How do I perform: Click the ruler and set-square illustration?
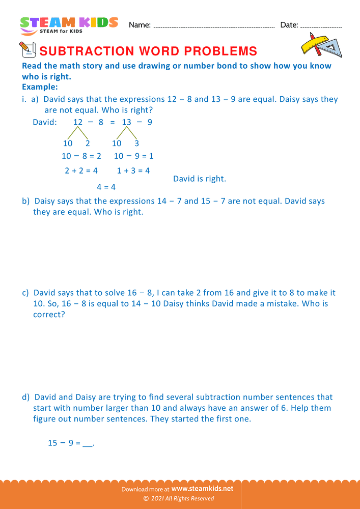[x=321, y=45]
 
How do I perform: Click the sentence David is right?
[x=200, y=179]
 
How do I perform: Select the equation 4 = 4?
[x=106, y=187]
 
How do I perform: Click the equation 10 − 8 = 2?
[x=81, y=156]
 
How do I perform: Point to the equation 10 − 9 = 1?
[x=133, y=156]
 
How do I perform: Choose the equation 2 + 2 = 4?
[x=81, y=171]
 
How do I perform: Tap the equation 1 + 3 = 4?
[x=133, y=171]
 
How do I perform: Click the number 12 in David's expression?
[x=77, y=122]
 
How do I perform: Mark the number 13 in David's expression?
[x=126, y=122]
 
